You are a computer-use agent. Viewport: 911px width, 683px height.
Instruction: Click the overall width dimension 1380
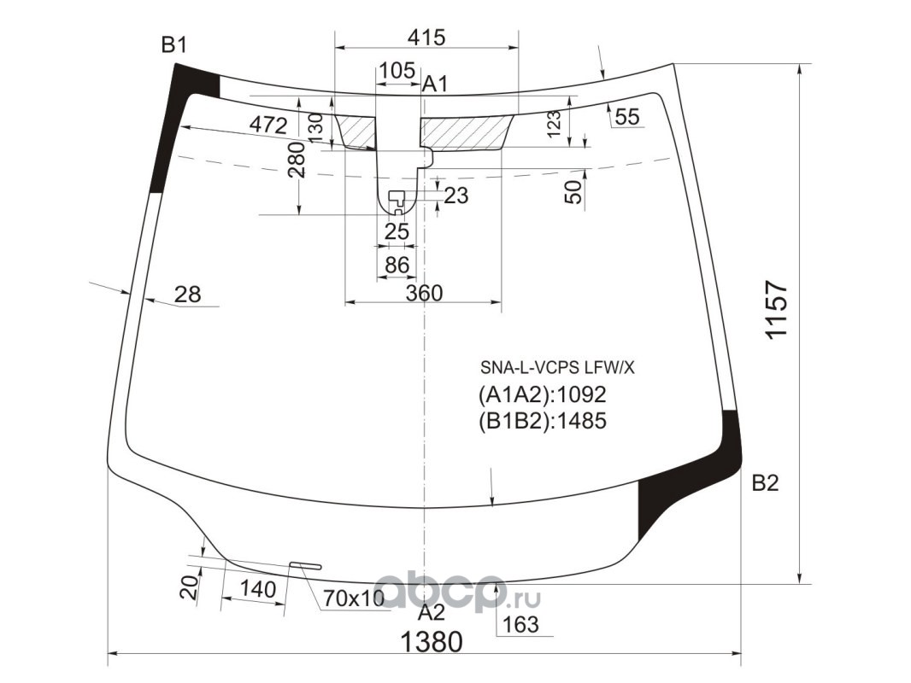point(432,642)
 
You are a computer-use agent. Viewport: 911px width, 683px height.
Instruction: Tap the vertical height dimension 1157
point(776,310)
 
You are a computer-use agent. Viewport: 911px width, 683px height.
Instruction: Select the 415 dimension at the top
point(426,38)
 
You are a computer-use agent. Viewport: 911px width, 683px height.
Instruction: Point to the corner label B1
point(173,44)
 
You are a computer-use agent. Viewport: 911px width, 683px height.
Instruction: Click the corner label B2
point(765,483)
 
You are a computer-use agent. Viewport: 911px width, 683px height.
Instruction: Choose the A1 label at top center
point(435,85)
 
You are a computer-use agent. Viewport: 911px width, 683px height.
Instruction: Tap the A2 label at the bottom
point(432,612)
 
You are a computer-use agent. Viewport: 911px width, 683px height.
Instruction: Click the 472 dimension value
point(268,126)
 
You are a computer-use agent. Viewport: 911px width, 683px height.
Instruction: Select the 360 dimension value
point(424,294)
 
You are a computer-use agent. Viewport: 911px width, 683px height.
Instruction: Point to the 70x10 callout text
point(354,598)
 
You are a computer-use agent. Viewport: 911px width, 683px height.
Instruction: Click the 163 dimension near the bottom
point(520,624)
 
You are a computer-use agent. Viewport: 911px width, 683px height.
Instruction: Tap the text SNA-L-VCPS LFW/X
point(557,368)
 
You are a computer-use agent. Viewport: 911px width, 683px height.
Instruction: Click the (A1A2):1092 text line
point(542,395)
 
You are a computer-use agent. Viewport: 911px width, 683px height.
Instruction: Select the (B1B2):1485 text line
point(542,421)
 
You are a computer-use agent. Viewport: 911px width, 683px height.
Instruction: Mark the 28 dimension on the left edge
point(188,295)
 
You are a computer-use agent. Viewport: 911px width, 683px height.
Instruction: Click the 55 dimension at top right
point(627,118)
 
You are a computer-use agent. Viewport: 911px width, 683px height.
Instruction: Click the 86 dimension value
point(397,266)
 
